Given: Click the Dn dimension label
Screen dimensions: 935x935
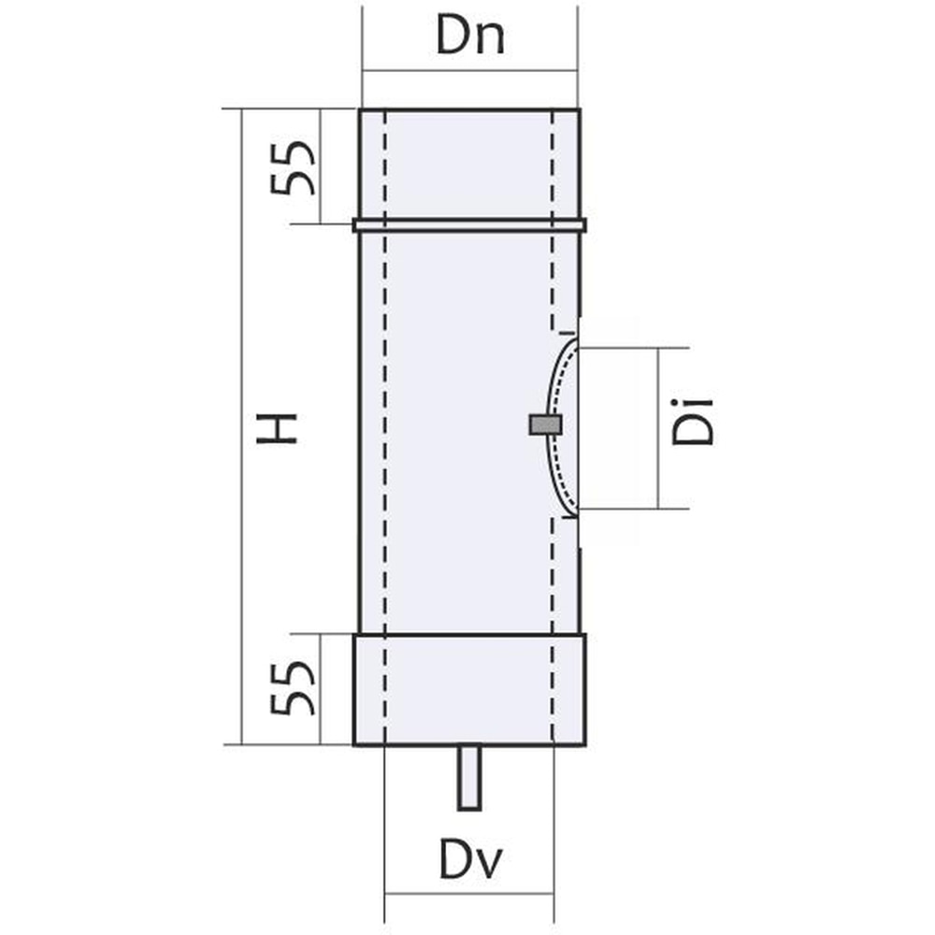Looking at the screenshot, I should click(470, 38).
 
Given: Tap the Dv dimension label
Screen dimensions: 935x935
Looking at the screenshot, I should click(469, 861).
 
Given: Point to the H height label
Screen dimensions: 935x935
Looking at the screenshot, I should click(281, 428).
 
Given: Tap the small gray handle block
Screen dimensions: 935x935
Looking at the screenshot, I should click(545, 425).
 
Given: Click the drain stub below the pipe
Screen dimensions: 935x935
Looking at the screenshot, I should click(468, 777).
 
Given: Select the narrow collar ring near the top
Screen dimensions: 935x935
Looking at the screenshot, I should click(469, 225).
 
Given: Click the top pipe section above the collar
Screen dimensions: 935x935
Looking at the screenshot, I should click(469, 164).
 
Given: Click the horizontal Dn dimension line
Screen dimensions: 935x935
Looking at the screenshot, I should click(469, 69).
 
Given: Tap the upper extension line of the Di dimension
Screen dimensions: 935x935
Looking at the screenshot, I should click(636, 348).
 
